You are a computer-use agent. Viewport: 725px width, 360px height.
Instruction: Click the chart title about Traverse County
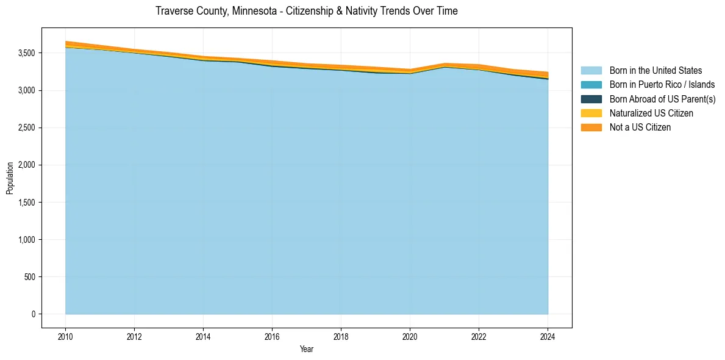click(306, 11)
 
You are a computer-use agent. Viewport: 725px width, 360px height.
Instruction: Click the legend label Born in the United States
click(655, 71)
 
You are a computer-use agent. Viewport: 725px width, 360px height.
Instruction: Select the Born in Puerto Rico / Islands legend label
click(662, 85)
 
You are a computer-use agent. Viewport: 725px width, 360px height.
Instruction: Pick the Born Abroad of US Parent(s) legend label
click(662, 99)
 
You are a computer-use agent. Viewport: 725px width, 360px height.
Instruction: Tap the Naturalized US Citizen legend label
click(651, 113)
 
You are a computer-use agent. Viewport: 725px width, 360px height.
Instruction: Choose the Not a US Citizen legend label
click(640, 127)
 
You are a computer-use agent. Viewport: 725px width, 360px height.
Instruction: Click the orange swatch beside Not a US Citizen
click(591, 127)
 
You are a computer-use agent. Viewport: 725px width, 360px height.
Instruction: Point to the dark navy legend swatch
click(591, 99)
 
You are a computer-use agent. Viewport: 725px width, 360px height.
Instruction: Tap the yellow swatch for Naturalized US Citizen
click(591, 113)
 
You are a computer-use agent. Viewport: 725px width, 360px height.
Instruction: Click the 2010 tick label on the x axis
click(65, 336)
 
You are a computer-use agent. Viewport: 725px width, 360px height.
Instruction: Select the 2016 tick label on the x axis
click(272, 336)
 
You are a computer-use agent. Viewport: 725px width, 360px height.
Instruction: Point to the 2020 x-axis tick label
click(410, 336)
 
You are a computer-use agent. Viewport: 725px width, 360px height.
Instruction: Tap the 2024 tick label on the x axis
click(548, 336)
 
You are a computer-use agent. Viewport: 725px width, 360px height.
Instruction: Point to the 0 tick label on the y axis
click(33, 314)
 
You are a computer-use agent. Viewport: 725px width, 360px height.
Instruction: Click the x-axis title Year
click(307, 349)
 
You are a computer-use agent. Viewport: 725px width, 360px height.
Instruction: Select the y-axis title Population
click(10, 178)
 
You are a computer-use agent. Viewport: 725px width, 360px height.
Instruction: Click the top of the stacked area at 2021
click(445, 63)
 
